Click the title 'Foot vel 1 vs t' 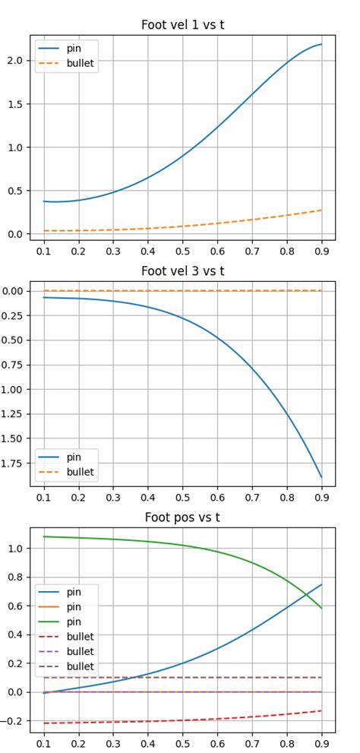tap(182, 25)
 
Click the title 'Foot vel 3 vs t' tap(182, 271)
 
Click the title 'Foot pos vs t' tap(182, 517)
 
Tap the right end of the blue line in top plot tap(321, 44)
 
